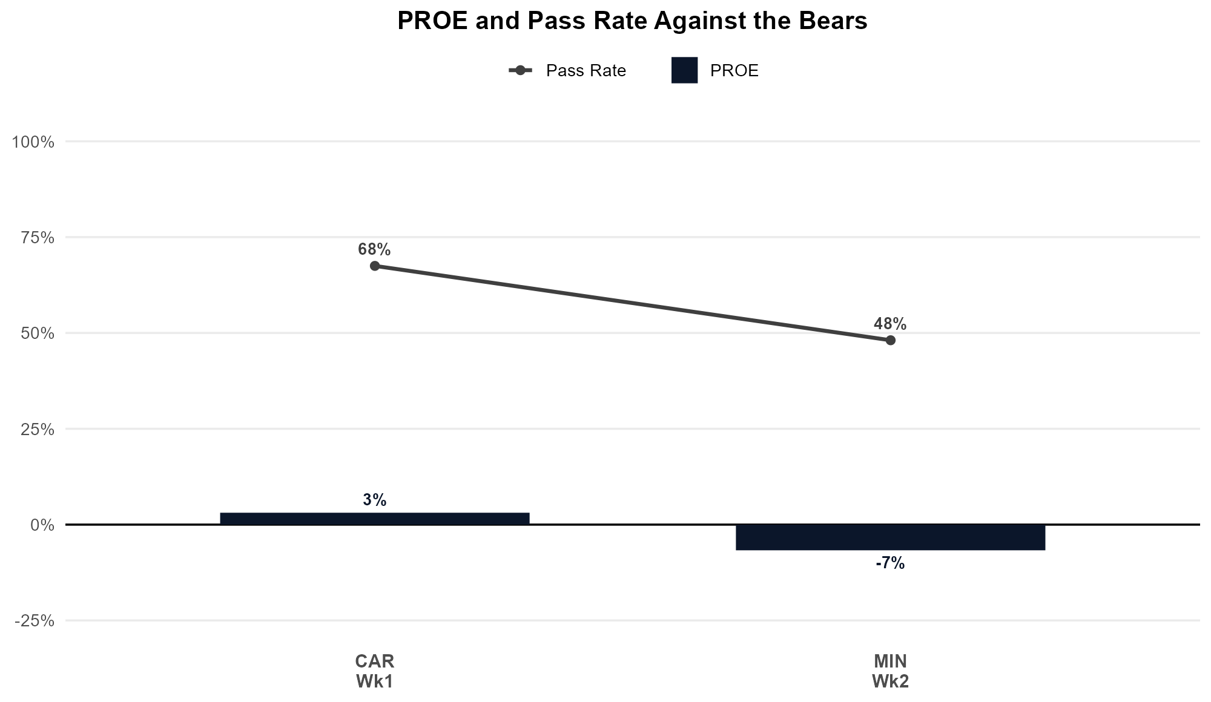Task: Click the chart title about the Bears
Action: (x=632, y=21)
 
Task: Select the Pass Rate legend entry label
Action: (x=586, y=71)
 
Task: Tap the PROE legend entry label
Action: (x=734, y=71)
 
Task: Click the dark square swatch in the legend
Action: (x=684, y=70)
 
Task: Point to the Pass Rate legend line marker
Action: (x=520, y=71)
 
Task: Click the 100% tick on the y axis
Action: (x=33, y=142)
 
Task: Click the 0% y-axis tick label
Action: (x=42, y=525)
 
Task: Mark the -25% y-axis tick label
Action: (x=34, y=621)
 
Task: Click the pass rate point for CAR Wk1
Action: (x=375, y=266)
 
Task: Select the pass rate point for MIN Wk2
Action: (x=890, y=340)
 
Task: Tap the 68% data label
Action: (x=374, y=249)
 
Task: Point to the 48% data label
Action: (x=890, y=324)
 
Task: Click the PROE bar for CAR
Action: (x=375, y=519)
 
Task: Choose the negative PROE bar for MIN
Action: (x=890, y=537)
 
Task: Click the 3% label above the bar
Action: (x=375, y=500)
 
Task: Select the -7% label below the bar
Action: (x=890, y=563)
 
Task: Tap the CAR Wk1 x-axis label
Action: (x=375, y=671)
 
